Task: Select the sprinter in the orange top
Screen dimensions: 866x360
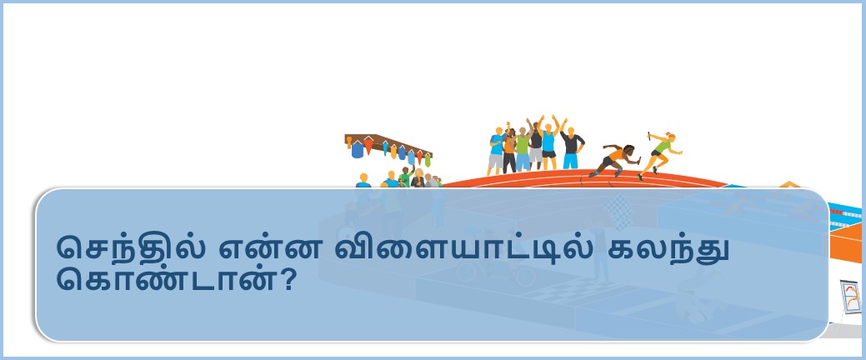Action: pyautogui.click(x=614, y=160)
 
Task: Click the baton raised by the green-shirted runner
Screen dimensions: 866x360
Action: pyautogui.click(x=650, y=135)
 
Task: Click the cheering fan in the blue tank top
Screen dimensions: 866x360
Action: pyautogui.click(x=548, y=142)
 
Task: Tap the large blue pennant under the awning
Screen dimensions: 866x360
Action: pyautogui.click(x=358, y=150)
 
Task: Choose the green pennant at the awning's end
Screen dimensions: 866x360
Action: pyautogui.click(x=427, y=160)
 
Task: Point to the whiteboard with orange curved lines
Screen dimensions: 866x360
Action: pyautogui.click(x=850, y=297)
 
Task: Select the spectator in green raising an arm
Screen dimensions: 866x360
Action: pyautogui.click(x=406, y=177)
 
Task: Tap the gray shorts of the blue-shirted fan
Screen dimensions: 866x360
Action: pyautogui.click(x=495, y=162)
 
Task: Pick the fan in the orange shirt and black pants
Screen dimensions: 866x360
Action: pyautogui.click(x=508, y=150)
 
